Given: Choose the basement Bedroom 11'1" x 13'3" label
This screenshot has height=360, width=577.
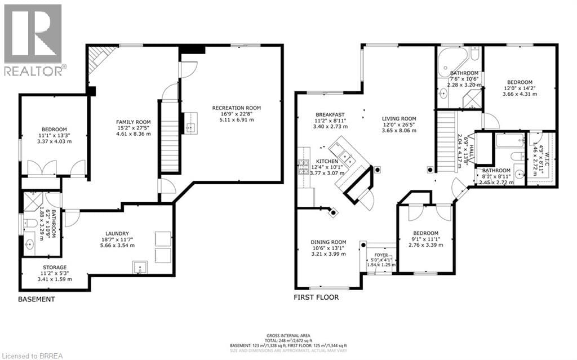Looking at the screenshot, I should coord(54,135).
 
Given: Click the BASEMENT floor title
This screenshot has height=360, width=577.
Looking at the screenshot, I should coord(37,299).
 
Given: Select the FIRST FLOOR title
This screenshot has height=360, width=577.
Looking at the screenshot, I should coord(316,297).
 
